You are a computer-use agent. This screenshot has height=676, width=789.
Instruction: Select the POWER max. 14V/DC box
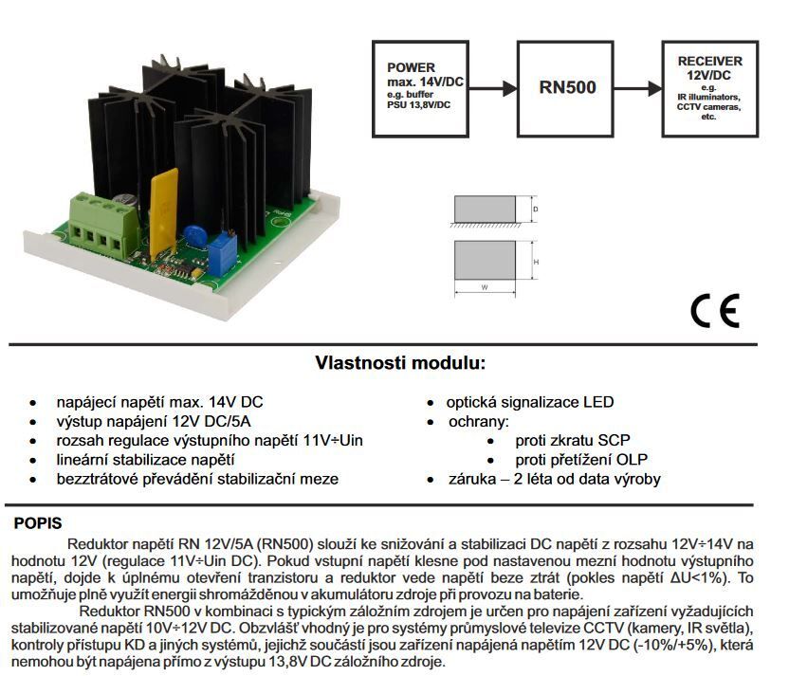tap(417, 87)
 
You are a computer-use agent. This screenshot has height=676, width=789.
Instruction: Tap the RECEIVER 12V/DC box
tap(709, 88)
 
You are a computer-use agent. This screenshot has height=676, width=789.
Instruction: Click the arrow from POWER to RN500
tap(489, 88)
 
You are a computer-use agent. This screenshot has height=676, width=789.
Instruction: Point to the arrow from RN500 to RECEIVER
tap(640, 88)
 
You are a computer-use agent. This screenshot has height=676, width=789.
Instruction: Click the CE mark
tap(714, 311)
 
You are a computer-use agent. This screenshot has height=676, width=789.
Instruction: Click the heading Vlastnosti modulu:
tap(400, 363)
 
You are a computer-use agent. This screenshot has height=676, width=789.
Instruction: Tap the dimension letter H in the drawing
tap(536, 262)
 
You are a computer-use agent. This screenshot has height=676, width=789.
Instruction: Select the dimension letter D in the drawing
tap(536, 208)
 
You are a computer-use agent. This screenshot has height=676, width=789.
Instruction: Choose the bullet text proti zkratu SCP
tap(574, 441)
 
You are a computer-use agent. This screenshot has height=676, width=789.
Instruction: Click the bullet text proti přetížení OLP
tap(587, 460)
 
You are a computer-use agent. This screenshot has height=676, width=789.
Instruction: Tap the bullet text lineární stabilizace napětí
tap(145, 460)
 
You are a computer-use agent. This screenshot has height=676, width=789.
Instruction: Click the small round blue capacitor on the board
tap(197, 232)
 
